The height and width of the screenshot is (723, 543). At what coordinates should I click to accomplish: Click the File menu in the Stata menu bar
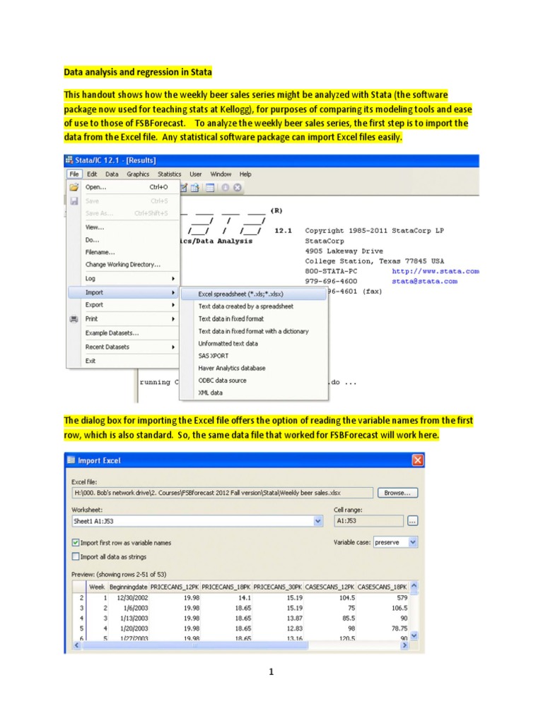point(74,174)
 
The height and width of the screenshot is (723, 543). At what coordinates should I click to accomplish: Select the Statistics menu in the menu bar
point(169,174)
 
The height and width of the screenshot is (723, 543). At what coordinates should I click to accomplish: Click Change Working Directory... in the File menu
point(122,265)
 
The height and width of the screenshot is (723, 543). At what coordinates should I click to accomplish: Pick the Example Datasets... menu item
point(112,333)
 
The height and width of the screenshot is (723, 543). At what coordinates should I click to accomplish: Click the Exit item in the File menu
point(90,361)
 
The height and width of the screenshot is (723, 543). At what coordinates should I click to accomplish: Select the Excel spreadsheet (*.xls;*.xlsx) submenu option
point(245,294)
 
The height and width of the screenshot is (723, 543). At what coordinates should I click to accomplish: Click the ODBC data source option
point(222,381)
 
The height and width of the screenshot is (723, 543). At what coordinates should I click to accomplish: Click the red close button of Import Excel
point(417,461)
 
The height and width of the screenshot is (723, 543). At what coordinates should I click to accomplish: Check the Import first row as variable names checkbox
point(76,543)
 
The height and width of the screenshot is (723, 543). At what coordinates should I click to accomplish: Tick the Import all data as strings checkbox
point(76,556)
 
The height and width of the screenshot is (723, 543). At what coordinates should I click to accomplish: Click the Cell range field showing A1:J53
point(368,521)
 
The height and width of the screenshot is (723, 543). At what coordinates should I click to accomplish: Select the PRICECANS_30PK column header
point(278,587)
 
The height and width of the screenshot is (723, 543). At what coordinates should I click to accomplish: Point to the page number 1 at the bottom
point(270,672)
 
